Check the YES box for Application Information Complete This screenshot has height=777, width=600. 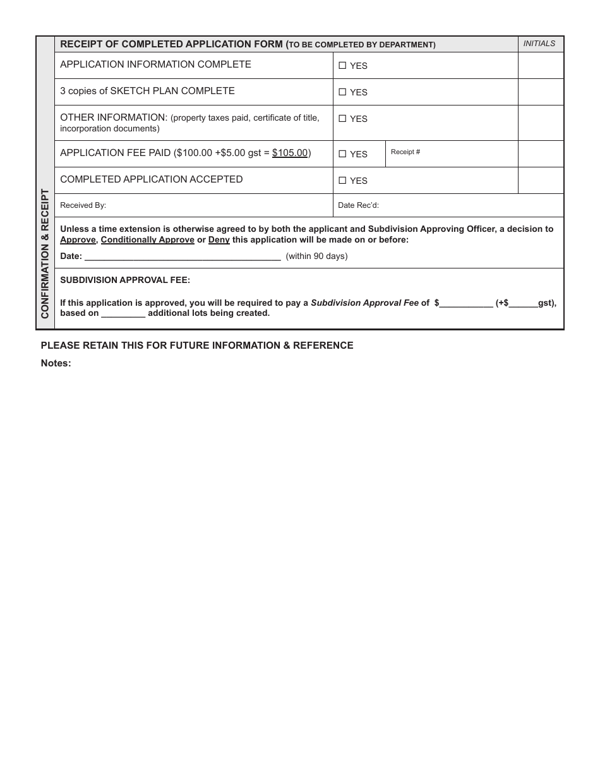tap(342, 65)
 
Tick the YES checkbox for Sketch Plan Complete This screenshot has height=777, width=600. tap(342, 92)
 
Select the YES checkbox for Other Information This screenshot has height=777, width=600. tap(342, 118)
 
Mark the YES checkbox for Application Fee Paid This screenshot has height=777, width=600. tap(342, 154)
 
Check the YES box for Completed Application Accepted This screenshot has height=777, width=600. tap(342, 180)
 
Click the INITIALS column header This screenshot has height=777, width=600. tap(539, 44)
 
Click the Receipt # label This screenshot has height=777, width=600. tap(405, 152)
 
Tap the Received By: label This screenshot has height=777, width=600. tap(83, 205)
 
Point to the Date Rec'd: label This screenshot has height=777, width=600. tap(358, 205)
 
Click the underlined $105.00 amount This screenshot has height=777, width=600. tap(290, 153)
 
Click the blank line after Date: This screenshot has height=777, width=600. tap(183, 256)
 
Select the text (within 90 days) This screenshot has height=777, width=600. tap(316, 256)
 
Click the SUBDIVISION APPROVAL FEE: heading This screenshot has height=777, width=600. tap(125, 280)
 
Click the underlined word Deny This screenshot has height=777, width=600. tap(219, 240)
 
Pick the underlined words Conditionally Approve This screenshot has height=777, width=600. tap(148, 240)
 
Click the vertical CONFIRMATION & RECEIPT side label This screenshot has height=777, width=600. tap(45, 253)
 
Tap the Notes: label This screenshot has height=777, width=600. tap(56, 363)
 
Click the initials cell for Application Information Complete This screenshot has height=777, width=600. tap(541, 65)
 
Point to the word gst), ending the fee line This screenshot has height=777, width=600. tap(547, 303)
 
